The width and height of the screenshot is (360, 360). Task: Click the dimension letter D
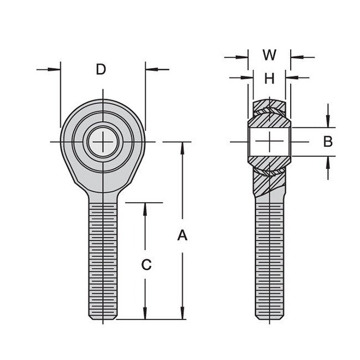pos(101,69)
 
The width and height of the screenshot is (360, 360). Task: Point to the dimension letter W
pos(269,55)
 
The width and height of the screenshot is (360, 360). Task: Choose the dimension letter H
pos(269,79)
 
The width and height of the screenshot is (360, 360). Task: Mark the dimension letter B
pos(328,142)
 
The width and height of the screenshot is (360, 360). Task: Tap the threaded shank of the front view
pos(102,260)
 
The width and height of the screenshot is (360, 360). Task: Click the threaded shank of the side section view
pos(270,260)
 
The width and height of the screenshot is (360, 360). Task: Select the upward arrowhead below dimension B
pos(328,161)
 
